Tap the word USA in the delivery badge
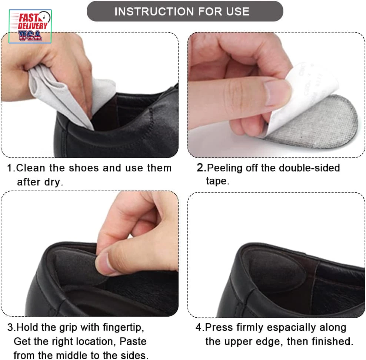(x=30, y=36)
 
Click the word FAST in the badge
(x=28, y=17)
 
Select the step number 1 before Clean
(x=10, y=168)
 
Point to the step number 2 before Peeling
(x=200, y=168)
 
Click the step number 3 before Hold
(x=10, y=327)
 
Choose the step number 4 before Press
(x=199, y=327)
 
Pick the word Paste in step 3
(x=133, y=341)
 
